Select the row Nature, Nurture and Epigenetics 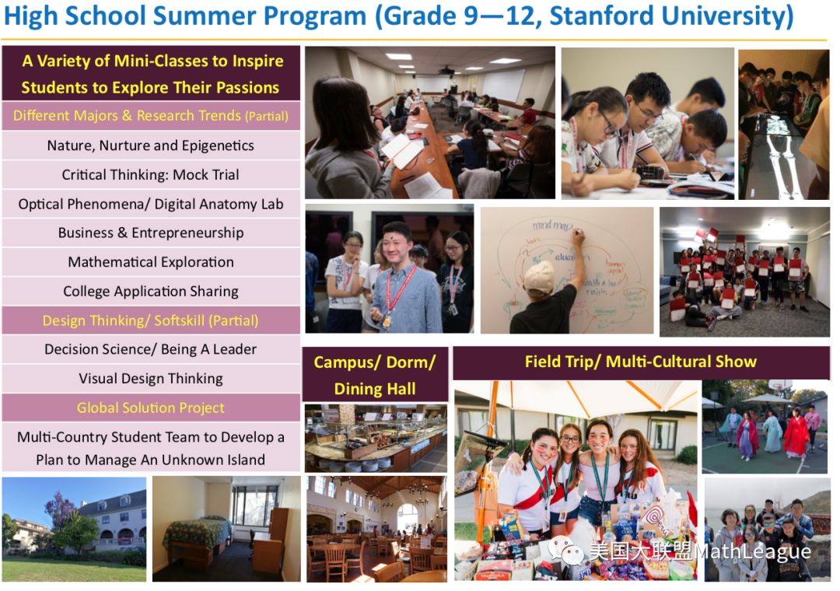[151, 145]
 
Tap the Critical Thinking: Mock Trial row [151, 175]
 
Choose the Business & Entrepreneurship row [151, 233]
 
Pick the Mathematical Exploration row [151, 262]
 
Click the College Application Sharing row [151, 291]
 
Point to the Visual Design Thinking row [151, 378]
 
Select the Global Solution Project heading [151, 407]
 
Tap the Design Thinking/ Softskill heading [151, 320]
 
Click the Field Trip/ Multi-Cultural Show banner [641, 362]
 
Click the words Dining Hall [375, 389]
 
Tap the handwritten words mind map [552, 225]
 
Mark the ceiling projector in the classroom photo [446, 70]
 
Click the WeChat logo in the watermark [565, 551]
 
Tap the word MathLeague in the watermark [753, 551]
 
